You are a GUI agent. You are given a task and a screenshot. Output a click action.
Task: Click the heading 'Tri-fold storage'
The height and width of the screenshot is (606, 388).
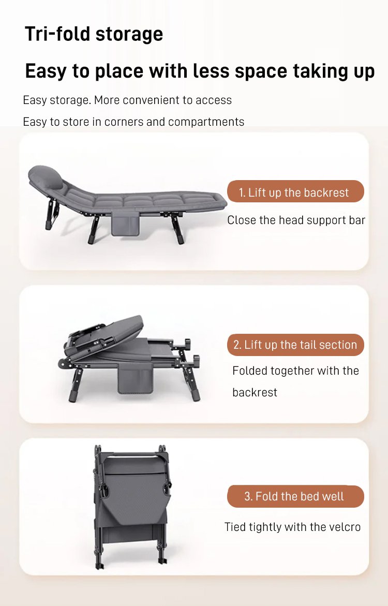(94, 34)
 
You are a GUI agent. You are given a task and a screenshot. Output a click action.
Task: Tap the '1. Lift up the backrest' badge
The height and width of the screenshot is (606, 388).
(295, 191)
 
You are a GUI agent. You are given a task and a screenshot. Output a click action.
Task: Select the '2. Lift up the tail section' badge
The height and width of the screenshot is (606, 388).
(295, 345)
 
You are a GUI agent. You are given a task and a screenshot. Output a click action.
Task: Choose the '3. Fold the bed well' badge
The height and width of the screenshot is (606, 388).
(295, 496)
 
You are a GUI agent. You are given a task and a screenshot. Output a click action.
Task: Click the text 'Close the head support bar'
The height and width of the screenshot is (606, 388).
(296, 220)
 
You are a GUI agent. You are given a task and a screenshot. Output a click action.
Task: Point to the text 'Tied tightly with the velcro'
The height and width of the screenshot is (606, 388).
(292, 527)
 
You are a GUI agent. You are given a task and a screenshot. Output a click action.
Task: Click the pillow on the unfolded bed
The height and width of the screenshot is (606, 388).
(46, 177)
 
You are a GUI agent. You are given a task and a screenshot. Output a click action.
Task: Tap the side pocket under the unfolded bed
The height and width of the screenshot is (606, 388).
(125, 225)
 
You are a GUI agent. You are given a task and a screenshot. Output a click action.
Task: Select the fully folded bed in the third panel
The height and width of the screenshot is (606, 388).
(131, 506)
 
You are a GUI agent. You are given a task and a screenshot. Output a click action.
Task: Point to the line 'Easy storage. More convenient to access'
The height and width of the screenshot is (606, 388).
(127, 100)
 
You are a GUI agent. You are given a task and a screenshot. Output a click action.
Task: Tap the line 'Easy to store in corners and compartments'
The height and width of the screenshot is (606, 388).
(133, 122)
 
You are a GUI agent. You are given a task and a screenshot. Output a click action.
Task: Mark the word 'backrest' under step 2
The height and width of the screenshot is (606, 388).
(255, 392)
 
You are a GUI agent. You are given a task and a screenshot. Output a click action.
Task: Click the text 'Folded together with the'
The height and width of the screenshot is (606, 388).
(295, 371)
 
